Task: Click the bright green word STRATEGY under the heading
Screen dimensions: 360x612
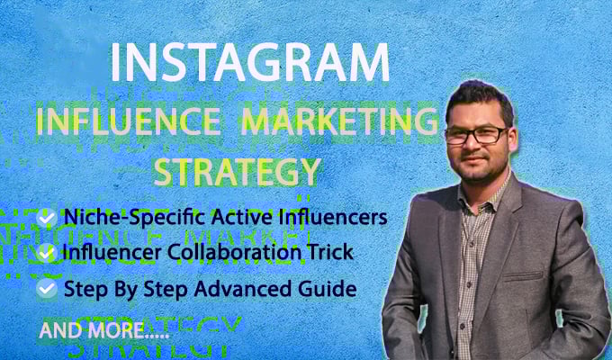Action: click(x=238, y=169)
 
